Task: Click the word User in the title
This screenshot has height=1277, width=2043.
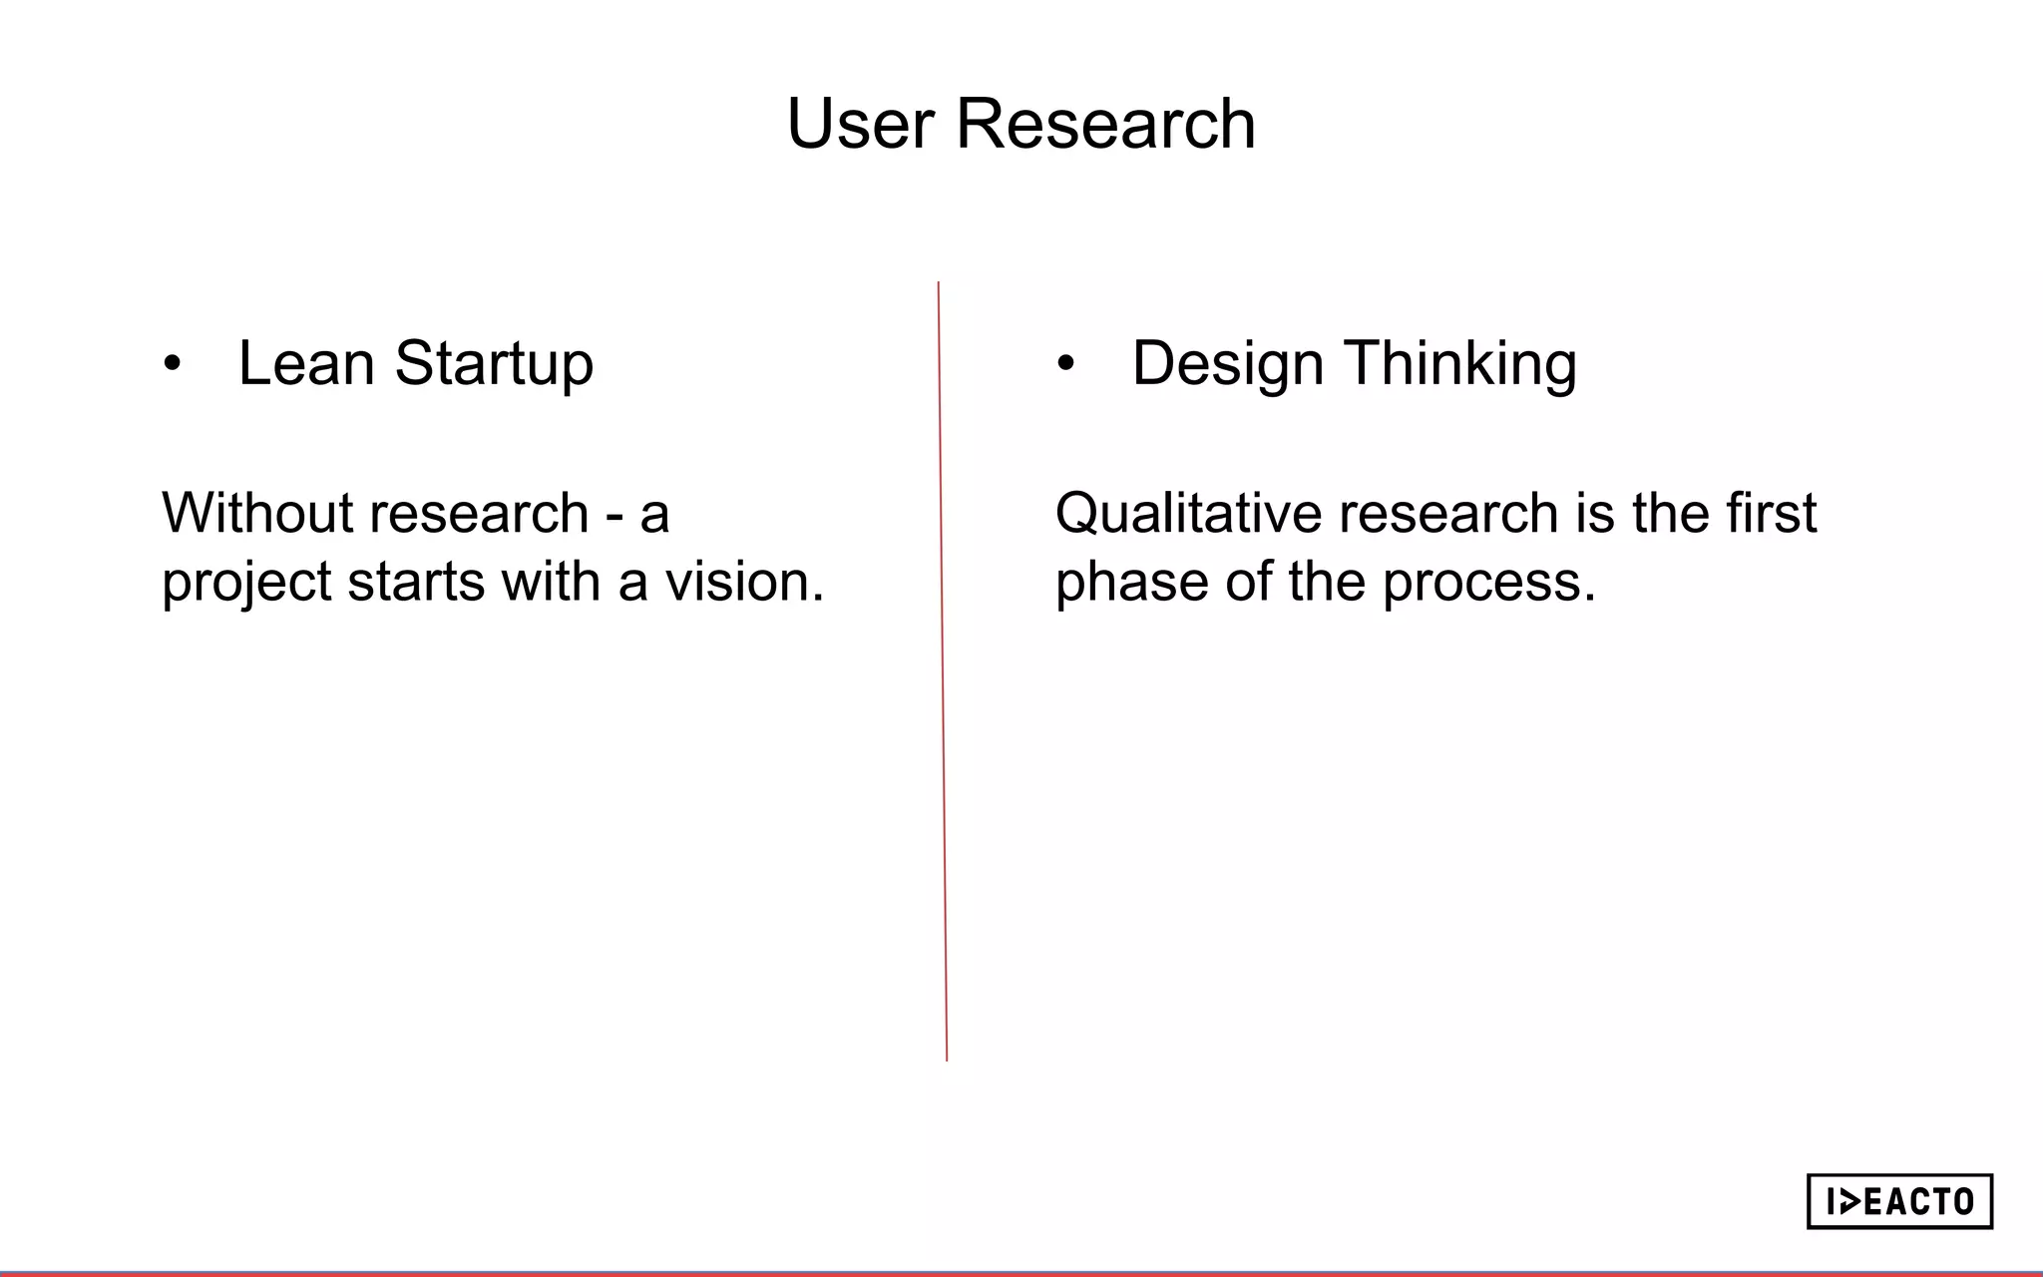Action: [861, 125]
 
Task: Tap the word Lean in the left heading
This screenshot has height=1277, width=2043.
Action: [306, 363]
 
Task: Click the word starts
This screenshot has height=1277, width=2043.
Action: [416, 582]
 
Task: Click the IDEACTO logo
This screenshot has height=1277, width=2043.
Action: [1898, 1201]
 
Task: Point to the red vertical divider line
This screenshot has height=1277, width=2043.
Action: [942, 668]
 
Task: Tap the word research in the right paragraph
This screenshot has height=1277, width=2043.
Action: [1447, 513]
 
